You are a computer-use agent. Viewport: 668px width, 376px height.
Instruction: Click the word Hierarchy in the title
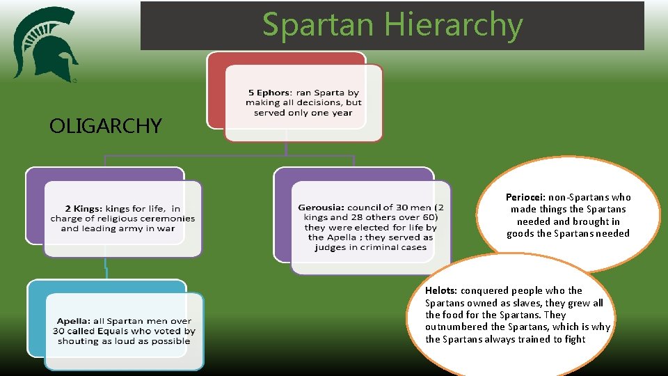coord(453,25)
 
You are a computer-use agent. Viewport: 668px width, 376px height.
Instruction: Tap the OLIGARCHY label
coord(106,126)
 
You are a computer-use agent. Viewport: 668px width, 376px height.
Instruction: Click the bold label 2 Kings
coord(83,208)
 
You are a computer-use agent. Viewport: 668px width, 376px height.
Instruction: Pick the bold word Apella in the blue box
coord(72,321)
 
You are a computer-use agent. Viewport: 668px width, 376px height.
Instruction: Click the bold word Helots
coord(441,290)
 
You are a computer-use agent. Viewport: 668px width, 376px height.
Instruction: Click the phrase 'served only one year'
coord(303,113)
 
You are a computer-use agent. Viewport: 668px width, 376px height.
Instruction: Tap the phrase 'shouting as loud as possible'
coord(124,341)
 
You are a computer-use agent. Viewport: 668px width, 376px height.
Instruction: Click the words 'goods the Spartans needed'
coord(568,233)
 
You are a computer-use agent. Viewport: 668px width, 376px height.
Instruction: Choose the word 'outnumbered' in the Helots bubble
coord(457,327)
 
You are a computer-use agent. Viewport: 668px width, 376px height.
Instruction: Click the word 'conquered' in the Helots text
coord(486,290)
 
